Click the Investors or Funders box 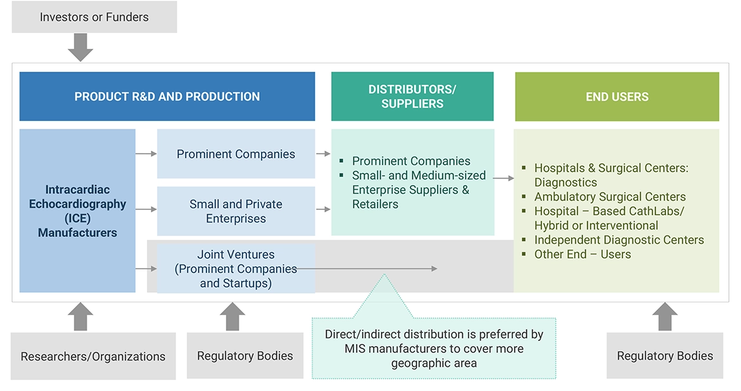94,17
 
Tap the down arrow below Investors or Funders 80,48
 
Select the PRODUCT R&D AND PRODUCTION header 167,96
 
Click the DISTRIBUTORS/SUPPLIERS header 412,96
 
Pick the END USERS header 617,96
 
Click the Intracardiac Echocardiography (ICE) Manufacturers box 77,211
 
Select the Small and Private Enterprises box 236,211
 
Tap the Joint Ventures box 236,269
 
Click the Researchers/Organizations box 93,356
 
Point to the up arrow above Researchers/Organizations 80,316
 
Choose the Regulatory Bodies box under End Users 664,356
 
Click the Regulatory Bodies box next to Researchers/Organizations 245,356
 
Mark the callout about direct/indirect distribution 434,349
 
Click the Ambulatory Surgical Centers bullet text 609,196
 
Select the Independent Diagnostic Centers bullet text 619,240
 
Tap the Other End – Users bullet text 582,254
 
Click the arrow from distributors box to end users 503,179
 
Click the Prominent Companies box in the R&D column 236,154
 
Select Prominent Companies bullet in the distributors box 411,161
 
